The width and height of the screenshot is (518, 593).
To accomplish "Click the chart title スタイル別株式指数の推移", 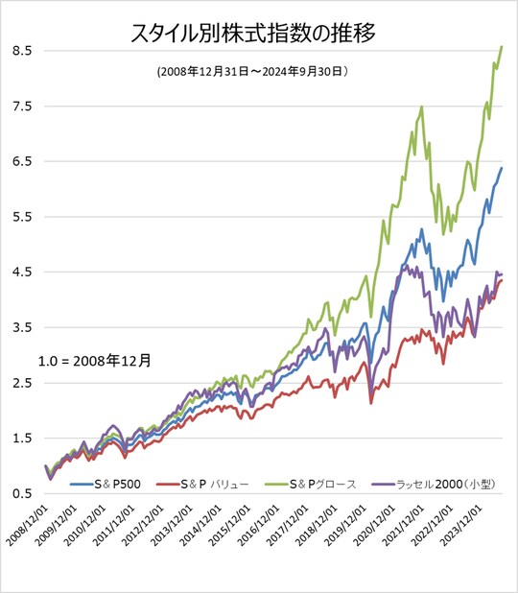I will [x=252, y=36].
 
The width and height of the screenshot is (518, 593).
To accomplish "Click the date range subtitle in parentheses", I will [x=251, y=71].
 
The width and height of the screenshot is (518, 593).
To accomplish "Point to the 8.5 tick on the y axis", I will [x=19, y=50].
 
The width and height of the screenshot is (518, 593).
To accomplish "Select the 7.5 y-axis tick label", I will [x=19, y=106].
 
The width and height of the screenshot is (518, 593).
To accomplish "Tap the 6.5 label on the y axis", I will [x=19, y=161].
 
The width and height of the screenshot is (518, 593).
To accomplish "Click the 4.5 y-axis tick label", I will [x=19, y=272].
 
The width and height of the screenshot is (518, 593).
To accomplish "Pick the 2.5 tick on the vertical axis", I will [x=19, y=383].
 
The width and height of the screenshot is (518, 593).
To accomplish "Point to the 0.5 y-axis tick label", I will [x=19, y=493].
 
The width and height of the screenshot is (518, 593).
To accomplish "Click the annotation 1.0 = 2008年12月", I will [x=94, y=362].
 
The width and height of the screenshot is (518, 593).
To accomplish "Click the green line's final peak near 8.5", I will [x=502, y=47].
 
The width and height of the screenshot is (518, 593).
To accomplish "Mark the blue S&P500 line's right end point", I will [x=502, y=168].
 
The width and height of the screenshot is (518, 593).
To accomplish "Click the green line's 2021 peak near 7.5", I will [x=422, y=107].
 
